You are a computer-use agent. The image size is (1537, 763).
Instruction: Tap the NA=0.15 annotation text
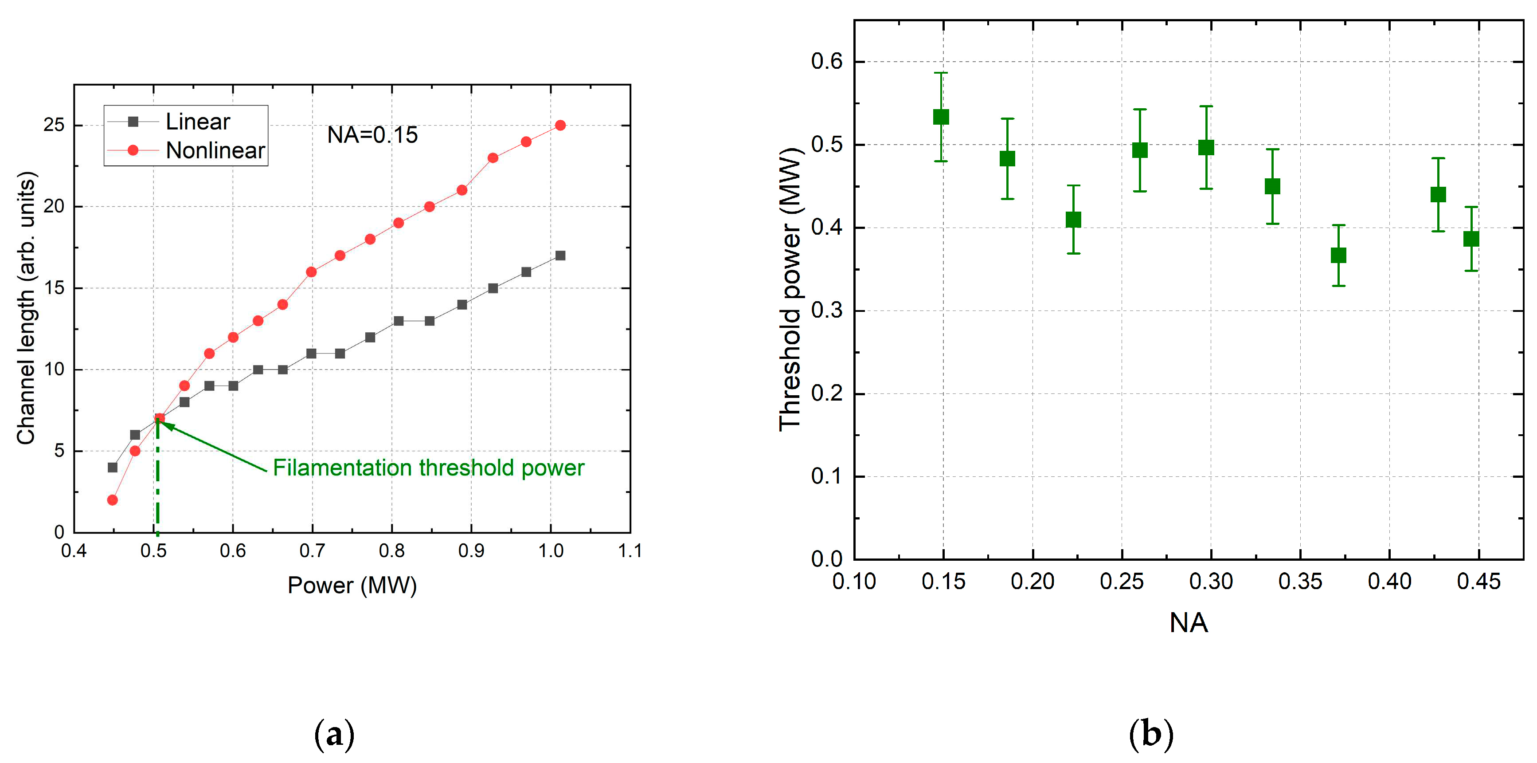tap(372, 135)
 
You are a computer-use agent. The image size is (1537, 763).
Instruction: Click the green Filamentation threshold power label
tap(428, 468)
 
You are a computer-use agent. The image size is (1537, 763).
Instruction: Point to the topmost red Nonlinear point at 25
tap(559, 126)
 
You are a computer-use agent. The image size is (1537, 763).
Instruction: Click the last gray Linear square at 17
tap(559, 256)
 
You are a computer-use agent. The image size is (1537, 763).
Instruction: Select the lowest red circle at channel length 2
tap(112, 499)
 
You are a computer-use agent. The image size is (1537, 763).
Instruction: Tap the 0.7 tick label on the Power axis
tap(312, 551)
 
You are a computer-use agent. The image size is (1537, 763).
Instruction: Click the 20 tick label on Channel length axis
tap(54, 207)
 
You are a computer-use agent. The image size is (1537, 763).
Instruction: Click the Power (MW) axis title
tap(352, 585)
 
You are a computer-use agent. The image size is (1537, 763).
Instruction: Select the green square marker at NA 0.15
tap(941, 117)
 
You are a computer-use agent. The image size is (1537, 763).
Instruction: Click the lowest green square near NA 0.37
tap(1338, 256)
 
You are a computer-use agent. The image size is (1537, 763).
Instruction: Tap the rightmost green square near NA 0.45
tap(1471, 239)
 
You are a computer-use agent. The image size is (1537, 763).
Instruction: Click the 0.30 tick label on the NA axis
tap(1211, 582)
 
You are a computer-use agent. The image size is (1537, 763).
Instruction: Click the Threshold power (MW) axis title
tap(790, 290)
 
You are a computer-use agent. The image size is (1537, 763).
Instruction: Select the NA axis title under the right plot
tap(1188, 623)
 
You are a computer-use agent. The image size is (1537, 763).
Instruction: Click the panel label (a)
tap(334, 734)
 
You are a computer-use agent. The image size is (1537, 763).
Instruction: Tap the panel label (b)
tap(1151, 734)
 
